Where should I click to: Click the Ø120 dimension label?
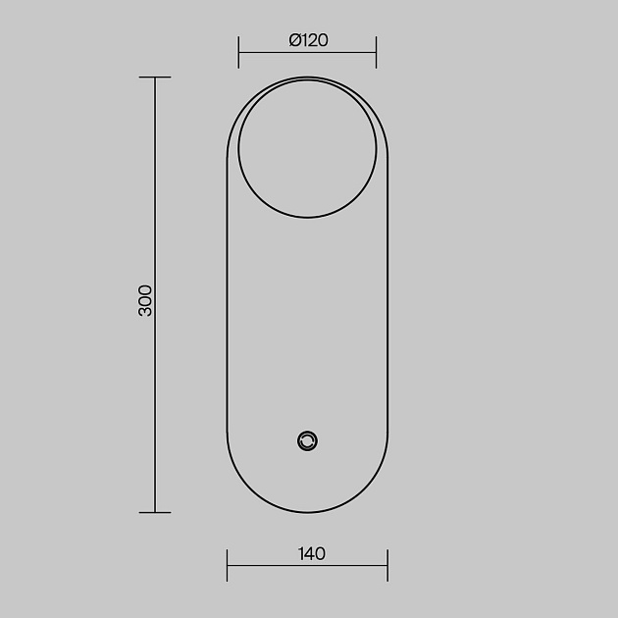308,40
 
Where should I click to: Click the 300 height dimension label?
145,301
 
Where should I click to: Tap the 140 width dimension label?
312,554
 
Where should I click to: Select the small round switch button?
307,441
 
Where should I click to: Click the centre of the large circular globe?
307,148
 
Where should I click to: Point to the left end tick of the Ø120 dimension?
238,52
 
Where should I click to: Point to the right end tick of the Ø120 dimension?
376,52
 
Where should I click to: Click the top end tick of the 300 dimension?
155,77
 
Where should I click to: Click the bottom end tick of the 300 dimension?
155,512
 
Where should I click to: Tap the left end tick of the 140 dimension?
227,565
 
